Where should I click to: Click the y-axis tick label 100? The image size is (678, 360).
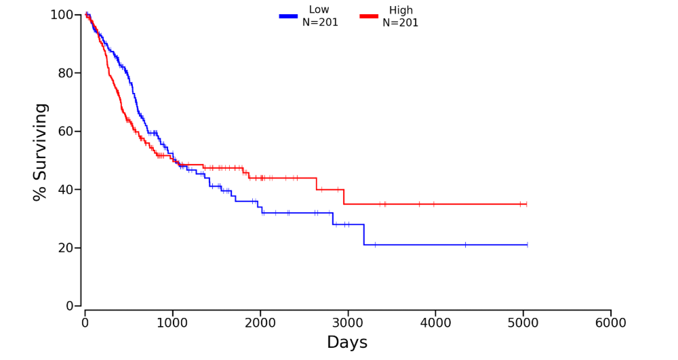click(62, 15)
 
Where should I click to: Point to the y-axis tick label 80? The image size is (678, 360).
click(66, 73)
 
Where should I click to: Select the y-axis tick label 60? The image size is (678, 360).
click(66, 132)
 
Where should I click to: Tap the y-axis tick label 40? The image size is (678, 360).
click(66, 190)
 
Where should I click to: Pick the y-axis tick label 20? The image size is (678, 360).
click(66, 248)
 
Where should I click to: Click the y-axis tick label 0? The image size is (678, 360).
click(70, 306)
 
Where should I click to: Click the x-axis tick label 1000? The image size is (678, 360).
click(172, 323)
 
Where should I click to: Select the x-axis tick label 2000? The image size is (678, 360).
click(260, 323)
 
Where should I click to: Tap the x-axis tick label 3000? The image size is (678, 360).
click(348, 323)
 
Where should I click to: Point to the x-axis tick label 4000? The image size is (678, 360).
click(435, 323)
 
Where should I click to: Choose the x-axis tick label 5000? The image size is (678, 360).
click(523, 323)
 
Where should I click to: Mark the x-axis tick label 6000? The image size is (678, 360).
click(610, 323)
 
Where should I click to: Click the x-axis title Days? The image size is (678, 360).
click(347, 342)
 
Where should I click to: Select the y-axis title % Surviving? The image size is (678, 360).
click(41, 152)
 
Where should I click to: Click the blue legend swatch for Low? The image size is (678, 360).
click(288, 16)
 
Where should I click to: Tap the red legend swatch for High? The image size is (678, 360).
click(368, 16)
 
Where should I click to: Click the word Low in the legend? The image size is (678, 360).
click(319, 9)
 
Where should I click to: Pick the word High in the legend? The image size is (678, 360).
click(401, 10)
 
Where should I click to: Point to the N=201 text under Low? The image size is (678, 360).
click(320, 22)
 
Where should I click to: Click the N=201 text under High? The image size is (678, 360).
click(400, 22)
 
